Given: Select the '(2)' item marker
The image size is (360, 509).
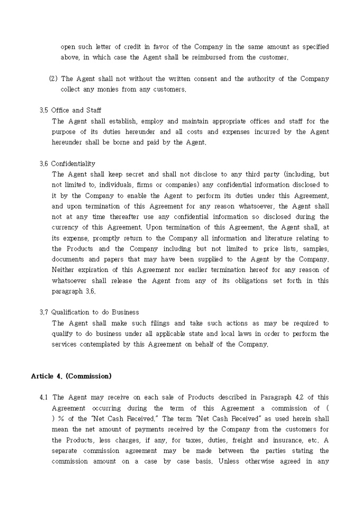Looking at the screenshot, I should (53, 79).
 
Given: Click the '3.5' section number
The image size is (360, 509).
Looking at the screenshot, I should (44, 111).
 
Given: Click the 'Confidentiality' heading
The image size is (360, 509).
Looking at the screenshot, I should (73, 163).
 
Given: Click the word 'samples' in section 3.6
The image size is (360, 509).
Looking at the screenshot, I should (313, 249).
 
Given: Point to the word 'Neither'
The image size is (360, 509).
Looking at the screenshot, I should (64, 270).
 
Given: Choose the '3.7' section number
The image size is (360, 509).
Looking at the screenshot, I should (44, 312).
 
